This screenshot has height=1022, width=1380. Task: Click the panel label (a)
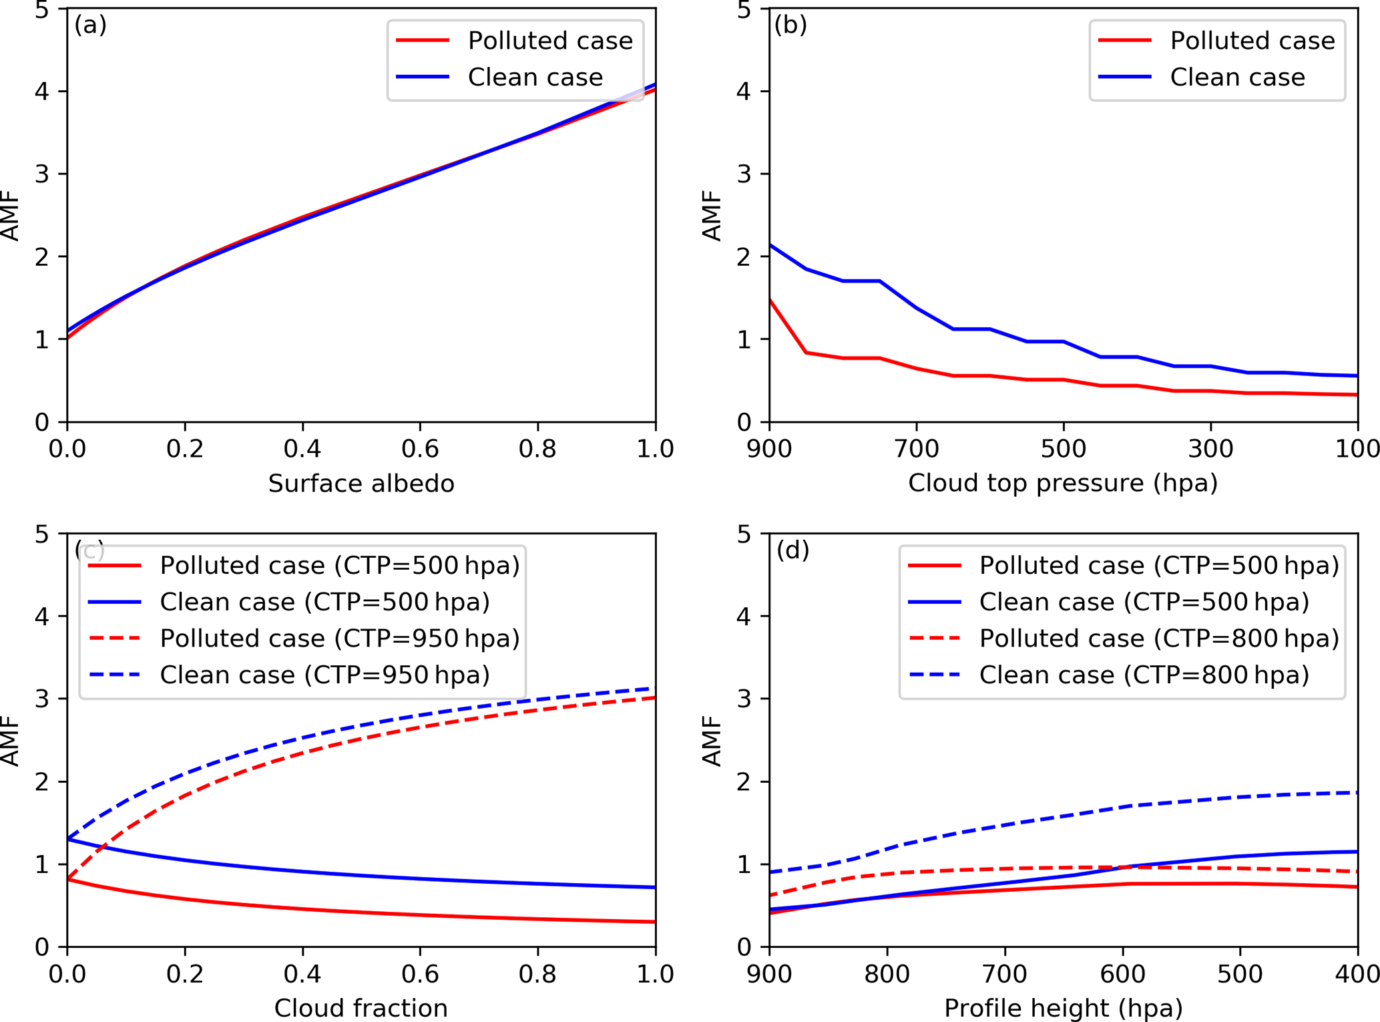(90, 25)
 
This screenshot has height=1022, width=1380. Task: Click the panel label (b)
(790, 25)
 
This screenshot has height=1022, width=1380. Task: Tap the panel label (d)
(792, 550)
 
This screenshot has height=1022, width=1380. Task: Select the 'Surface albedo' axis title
(361, 484)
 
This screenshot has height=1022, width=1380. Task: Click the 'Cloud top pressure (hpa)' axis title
(1063, 482)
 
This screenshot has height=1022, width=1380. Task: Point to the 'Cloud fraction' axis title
(361, 1008)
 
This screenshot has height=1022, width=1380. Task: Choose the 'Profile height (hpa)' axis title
(1063, 1008)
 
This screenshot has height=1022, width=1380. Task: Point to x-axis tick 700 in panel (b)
(917, 449)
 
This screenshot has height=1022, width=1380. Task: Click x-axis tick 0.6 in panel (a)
(420, 449)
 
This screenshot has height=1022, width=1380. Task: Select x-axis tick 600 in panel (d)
(1123, 974)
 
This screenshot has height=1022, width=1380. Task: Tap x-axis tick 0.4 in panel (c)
(302, 974)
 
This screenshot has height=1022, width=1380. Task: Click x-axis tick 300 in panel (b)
(1210, 449)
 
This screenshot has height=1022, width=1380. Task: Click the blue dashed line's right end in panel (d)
(1357, 793)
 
